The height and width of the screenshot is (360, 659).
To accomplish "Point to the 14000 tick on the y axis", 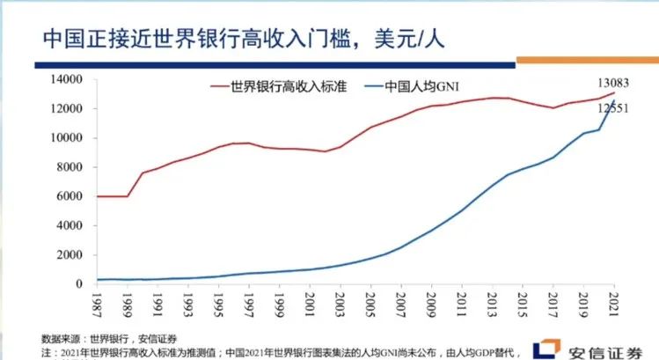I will coord(66,79).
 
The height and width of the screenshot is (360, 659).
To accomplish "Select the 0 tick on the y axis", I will coord(79,284).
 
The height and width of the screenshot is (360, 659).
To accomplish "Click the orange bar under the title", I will coord(587,61).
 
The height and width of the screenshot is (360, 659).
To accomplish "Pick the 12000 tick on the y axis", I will coord(66,108).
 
